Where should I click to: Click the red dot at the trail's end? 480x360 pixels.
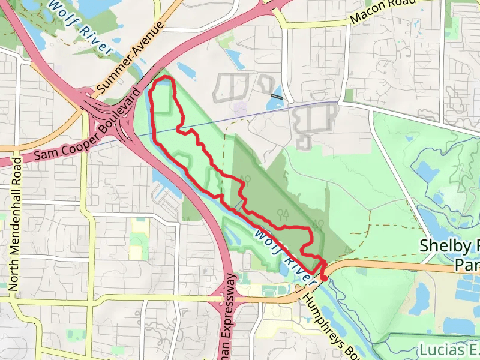tap(324, 277)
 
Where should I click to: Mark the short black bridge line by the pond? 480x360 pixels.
tap(277, 96)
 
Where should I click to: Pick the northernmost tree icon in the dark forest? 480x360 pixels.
tap(245, 179)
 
